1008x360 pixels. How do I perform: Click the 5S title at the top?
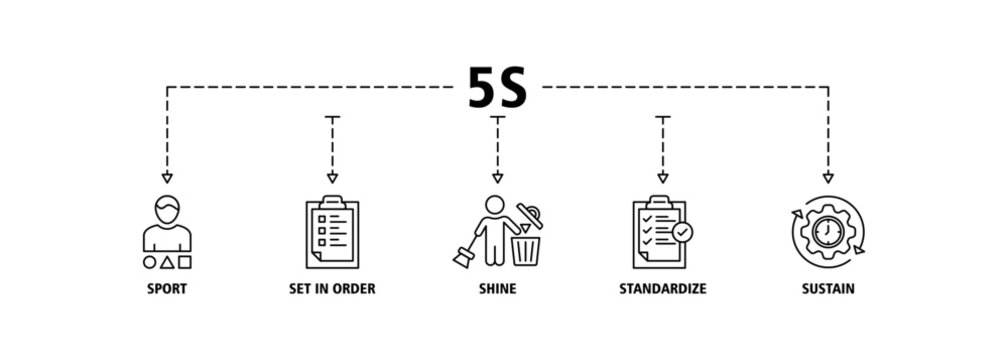point(497,90)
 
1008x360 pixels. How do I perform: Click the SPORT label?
point(167,289)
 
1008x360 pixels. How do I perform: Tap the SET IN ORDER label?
point(332,289)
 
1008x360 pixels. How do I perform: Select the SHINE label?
point(497,289)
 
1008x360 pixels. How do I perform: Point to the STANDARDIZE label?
point(662,289)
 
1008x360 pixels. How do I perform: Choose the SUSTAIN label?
point(827,289)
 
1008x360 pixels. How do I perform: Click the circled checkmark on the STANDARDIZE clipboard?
point(682,232)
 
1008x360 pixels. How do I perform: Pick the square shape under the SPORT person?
point(186,263)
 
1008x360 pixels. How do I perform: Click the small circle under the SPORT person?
point(150,263)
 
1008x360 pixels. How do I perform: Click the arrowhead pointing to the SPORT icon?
point(167,178)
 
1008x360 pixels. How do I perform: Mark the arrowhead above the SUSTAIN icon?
point(827,178)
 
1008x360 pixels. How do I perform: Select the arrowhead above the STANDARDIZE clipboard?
point(662,178)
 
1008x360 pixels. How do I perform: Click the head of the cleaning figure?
point(492,203)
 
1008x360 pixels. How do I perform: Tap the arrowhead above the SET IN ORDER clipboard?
point(332,178)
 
